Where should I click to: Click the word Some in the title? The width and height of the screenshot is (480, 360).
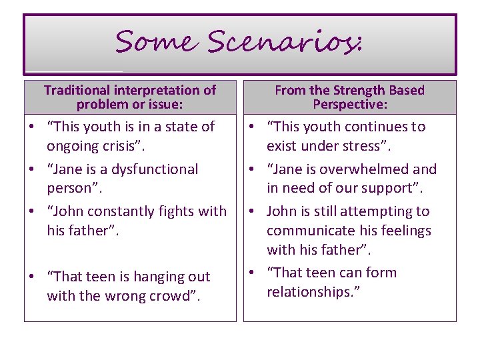[x=155, y=42]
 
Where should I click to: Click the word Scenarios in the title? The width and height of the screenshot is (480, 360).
[x=283, y=42]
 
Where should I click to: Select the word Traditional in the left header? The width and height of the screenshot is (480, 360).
[x=76, y=90]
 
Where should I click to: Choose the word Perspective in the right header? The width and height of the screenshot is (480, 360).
[x=350, y=105]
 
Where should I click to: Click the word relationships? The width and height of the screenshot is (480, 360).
[x=309, y=292]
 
